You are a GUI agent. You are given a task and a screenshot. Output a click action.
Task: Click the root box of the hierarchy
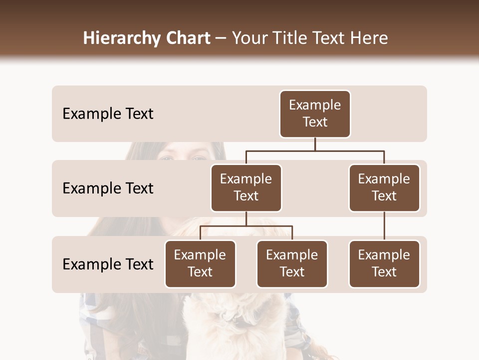(x=315, y=114)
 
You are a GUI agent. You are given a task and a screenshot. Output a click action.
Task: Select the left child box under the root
(x=246, y=188)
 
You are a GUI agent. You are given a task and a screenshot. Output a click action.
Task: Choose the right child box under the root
(x=384, y=188)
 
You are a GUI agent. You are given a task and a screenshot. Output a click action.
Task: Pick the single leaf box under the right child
(x=384, y=264)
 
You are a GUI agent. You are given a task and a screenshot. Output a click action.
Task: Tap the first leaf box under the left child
(x=200, y=264)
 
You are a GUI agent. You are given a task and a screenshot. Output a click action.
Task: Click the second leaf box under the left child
(x=292, y=264)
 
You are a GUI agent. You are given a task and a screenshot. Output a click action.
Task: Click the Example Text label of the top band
(x=108, y=114)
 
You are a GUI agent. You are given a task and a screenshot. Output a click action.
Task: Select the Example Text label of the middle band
(x=108, y=188)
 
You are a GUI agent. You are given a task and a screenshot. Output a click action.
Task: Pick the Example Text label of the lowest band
(x=108, y=264)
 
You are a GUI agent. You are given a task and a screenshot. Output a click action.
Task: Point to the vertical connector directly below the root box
(x=315, y=144)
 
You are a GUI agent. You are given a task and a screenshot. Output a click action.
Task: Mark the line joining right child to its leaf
(x=384, y=226)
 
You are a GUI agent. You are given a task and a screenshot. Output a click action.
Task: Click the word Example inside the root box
(x=315, y=105)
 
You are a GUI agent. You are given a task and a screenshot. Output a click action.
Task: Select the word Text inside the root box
(x=315, y=122)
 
